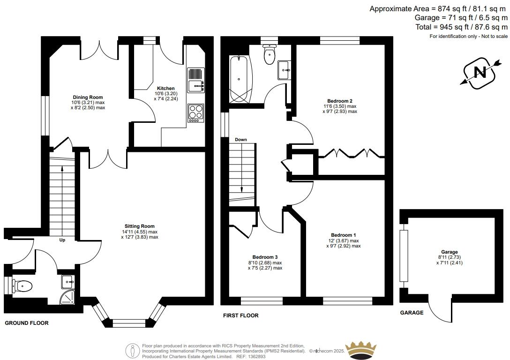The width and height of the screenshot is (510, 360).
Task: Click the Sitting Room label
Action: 140,226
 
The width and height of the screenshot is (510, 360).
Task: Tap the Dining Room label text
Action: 88,97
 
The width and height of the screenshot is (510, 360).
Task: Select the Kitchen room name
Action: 166,88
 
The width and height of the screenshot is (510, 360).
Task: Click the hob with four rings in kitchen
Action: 195,113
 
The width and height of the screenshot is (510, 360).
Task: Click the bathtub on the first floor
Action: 240,79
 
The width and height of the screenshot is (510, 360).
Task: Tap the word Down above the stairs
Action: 241,140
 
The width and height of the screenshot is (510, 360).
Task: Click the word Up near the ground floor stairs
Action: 62,240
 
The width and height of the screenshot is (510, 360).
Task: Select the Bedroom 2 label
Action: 340,101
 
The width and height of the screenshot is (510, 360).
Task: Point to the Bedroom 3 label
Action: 265,257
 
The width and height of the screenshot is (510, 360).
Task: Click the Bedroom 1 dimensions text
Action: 344,243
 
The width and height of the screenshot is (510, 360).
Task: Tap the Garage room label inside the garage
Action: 450,252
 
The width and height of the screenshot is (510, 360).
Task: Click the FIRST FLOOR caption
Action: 240,315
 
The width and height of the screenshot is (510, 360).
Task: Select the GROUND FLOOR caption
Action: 27,323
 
